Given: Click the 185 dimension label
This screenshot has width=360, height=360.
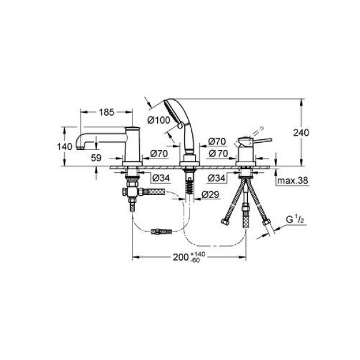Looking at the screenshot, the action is (106, 112).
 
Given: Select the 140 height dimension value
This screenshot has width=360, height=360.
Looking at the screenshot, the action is (65, 146).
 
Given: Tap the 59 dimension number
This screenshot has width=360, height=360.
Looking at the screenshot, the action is (96, 158).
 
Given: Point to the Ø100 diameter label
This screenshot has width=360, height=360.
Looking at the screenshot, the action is (159, 120).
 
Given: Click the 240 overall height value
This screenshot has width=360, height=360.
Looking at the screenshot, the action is (301, 133).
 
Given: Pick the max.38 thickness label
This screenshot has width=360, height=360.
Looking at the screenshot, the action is (292, 181).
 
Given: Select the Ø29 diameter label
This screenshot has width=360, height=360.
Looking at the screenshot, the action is (211, 194).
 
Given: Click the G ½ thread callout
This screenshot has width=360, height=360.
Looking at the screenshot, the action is (295, 220).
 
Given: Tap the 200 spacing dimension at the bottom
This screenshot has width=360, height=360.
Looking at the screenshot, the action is (181, 257).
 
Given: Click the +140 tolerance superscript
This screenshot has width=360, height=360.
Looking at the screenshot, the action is (197, 254).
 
